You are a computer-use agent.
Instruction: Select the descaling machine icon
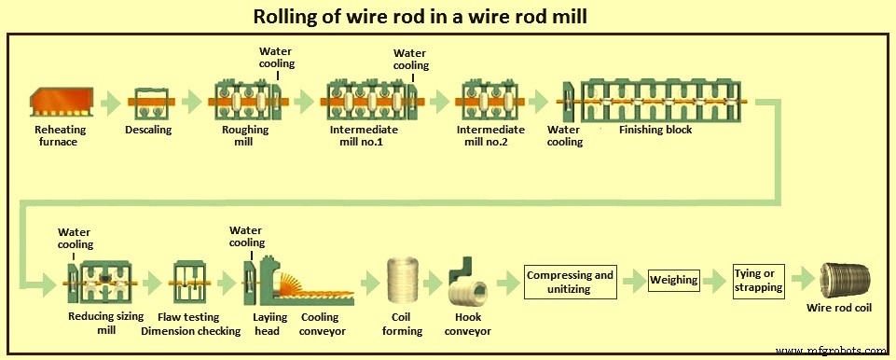149,102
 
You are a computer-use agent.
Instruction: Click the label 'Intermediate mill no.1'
364,136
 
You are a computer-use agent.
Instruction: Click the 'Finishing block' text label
655,130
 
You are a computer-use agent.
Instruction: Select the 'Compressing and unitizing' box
571,282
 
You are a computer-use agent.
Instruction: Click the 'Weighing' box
673,280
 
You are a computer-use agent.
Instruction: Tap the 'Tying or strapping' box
760,280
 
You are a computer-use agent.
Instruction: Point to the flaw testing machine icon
194,284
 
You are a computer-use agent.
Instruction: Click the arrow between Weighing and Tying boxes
716,280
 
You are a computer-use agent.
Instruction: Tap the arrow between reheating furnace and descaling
110,101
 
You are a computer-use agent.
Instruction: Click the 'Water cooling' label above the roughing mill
277,58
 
